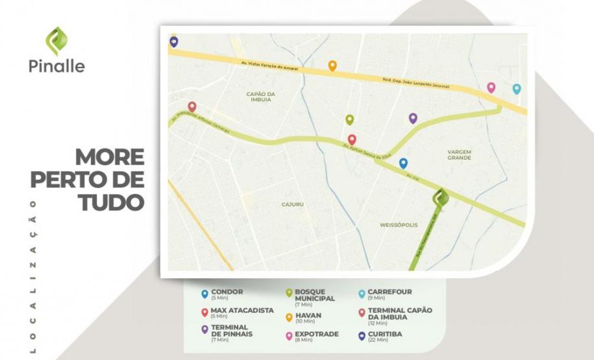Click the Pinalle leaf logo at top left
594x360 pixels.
point(56,40)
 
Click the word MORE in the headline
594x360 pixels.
point(109,158)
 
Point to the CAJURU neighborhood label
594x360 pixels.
point(292,204)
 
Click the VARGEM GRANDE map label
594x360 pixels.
point(459,154)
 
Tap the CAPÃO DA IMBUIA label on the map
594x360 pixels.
point(261,97)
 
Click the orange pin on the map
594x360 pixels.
point(332,66)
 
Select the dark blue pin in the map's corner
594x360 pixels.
point(173,42)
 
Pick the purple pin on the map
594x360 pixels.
point(413,118)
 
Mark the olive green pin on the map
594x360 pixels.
point(349,119)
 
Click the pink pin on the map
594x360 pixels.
point(491,88)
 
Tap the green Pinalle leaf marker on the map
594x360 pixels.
point(441,197)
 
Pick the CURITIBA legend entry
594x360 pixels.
point(384,335)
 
